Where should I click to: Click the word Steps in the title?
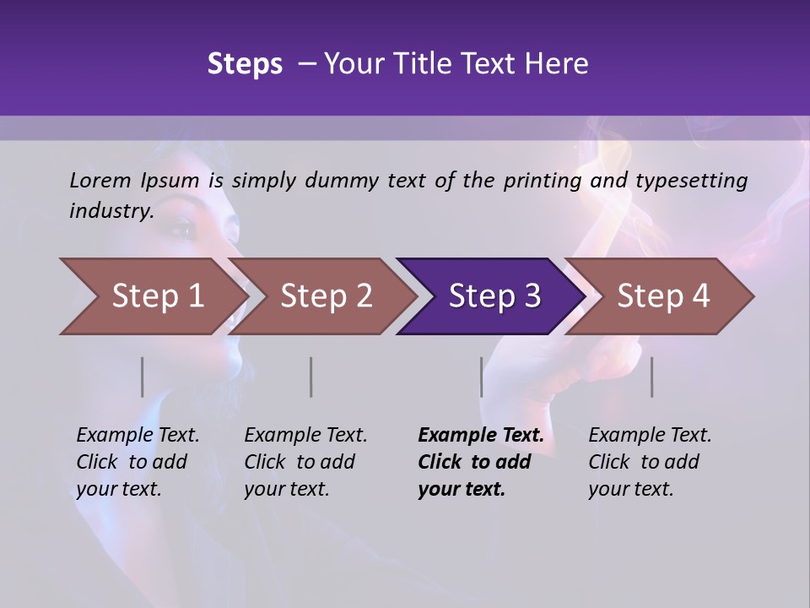point(245,64)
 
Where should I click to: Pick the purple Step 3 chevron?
point(494,296)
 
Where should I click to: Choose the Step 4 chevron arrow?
point(663,296)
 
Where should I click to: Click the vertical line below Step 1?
point(143,377)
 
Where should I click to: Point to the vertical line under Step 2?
point(311,377)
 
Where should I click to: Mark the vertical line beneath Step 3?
point(482,377)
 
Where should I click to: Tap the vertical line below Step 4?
point(652,377)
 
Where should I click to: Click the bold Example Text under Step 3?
point(481,435)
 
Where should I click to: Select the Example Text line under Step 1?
point(138,435)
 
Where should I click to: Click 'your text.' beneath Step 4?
point(630,489)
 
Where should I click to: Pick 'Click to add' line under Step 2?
point(300,462)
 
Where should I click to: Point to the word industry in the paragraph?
point(111,211)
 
